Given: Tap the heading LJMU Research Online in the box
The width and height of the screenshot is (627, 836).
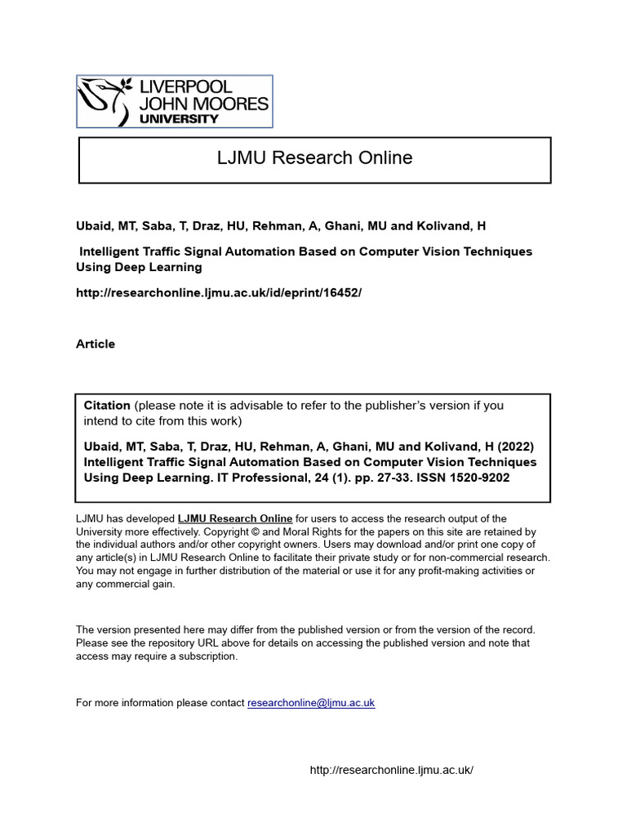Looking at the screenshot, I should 314,158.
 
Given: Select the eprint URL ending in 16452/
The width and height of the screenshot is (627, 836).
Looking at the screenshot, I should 218,292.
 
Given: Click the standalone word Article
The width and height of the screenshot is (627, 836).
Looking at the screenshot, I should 96,344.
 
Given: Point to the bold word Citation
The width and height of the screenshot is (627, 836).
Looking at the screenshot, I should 107,406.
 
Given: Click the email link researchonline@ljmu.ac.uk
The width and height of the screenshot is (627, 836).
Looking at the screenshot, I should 311,703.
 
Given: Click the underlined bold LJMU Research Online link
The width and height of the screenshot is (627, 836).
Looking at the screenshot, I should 235,518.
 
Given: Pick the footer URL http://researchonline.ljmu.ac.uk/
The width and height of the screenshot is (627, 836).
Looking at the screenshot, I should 392,771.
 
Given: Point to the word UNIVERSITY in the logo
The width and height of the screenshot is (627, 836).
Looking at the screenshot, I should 180,118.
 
